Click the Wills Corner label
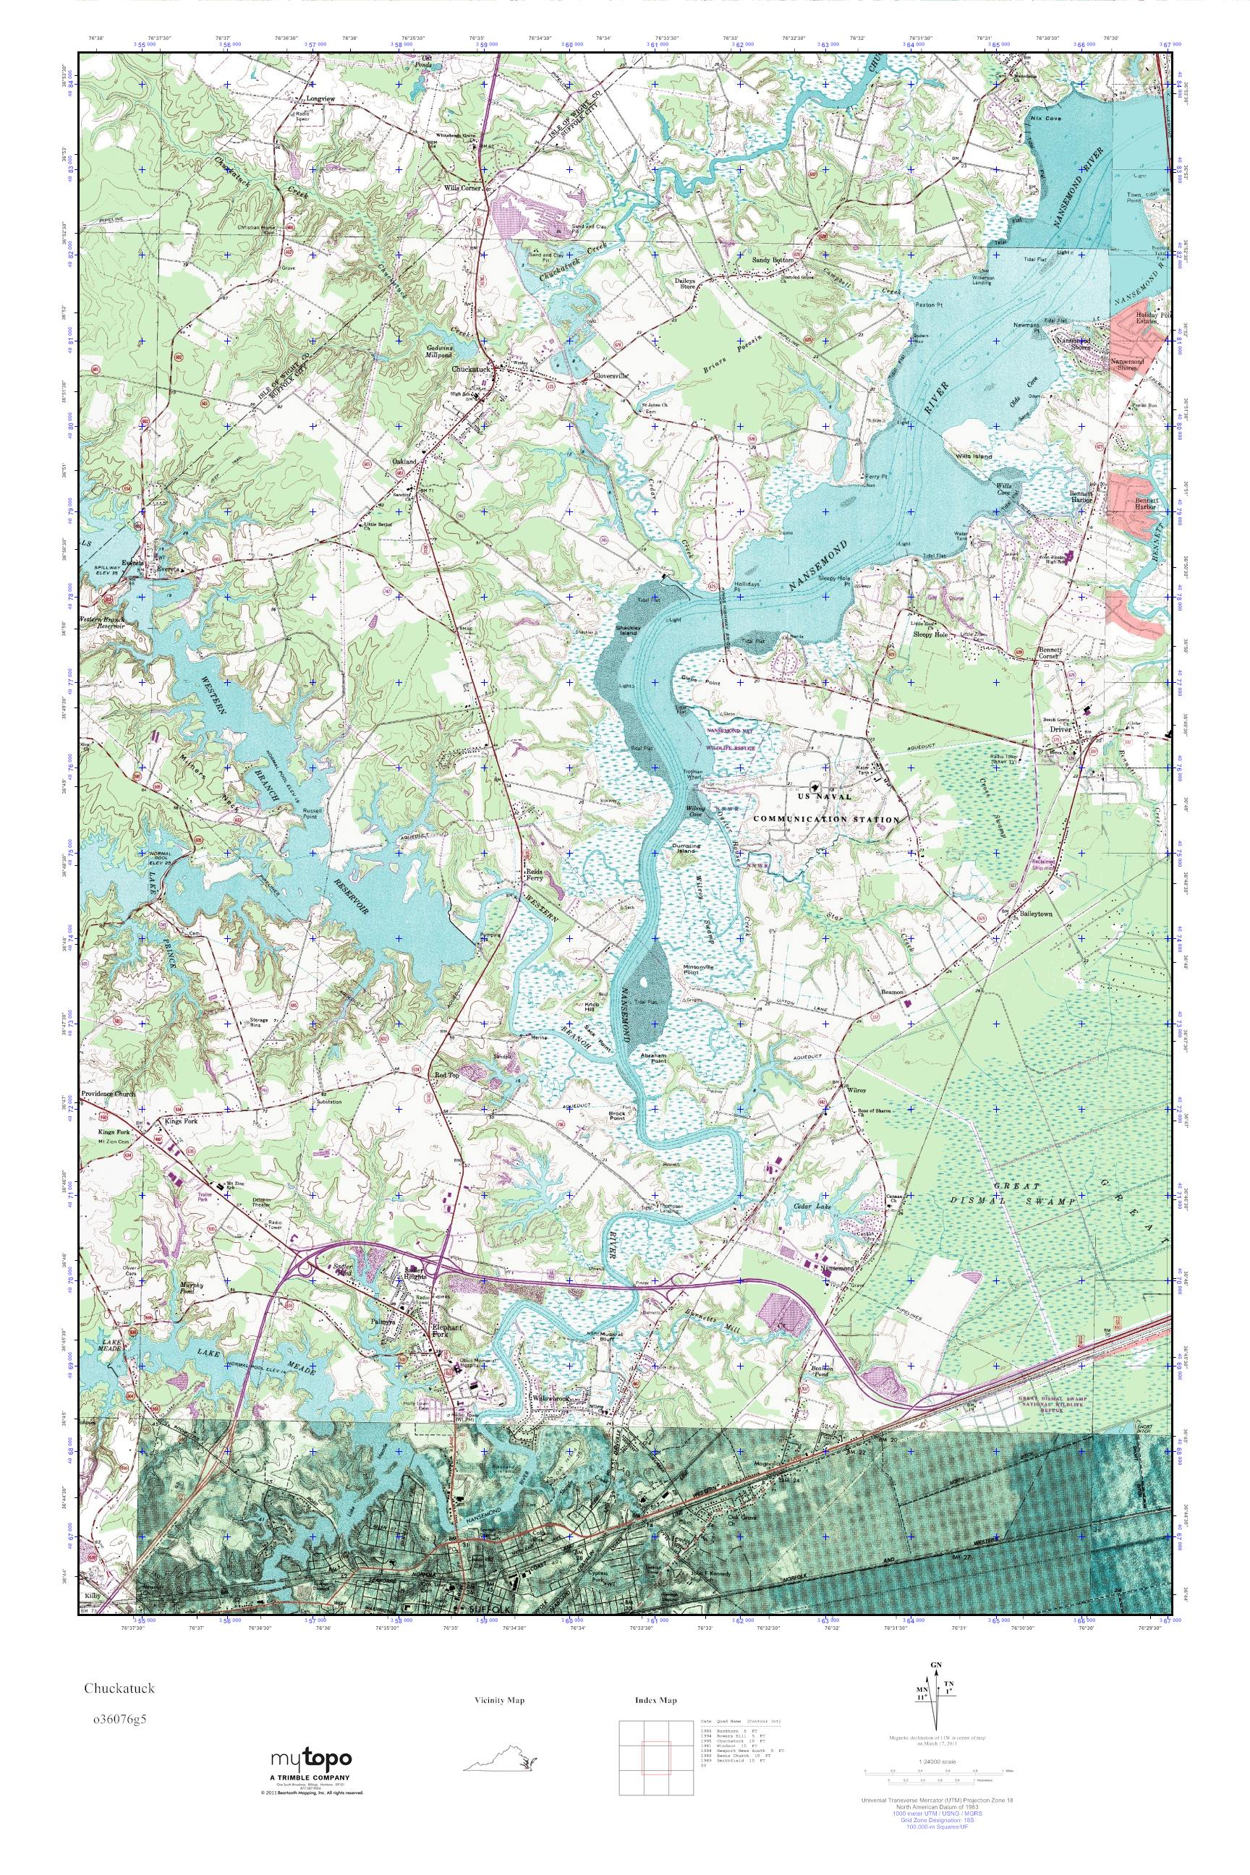click(x=463, y=190)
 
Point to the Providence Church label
click(x=109, y=1094)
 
